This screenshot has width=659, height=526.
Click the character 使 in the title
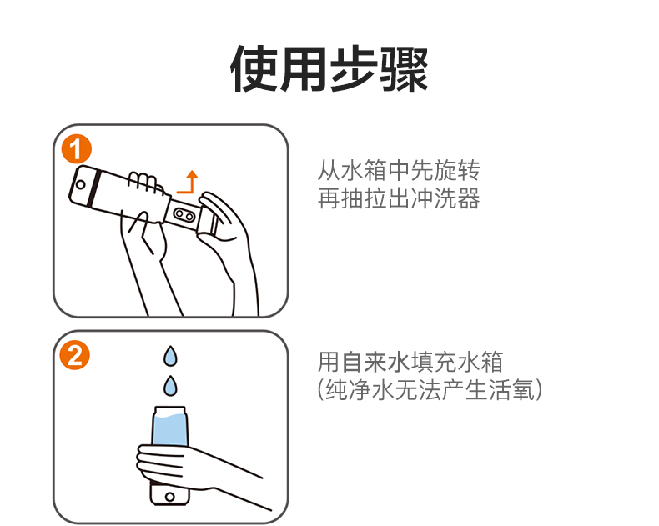[254, 69]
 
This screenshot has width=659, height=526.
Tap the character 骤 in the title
[404, 69]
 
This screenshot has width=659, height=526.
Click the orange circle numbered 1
[77, 149]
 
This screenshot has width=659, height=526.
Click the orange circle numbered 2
[75, 355]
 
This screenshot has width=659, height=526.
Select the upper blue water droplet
[170, 356]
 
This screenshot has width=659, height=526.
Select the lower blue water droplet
[170, 386]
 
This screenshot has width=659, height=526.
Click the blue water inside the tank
[170, 429]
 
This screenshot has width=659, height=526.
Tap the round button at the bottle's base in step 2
[170, 497]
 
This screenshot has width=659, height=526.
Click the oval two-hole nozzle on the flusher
[184, 215]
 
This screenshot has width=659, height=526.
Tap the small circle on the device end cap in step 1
[80, 184]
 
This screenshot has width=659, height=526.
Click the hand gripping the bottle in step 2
[177, 466]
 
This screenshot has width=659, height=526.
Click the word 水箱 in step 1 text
[365, 170]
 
